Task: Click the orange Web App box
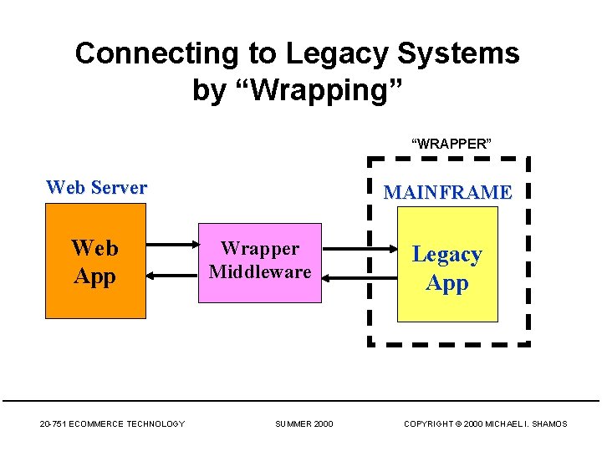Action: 94,261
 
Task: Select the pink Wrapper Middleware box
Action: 259,261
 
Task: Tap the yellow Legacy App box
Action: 446,264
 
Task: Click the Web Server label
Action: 96,187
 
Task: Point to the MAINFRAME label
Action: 447,192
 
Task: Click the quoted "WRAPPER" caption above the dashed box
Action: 451,144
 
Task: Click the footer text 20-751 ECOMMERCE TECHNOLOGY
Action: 112,424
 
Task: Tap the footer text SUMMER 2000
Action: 304,424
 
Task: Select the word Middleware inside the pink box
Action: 259,271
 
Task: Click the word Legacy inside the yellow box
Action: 446,254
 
